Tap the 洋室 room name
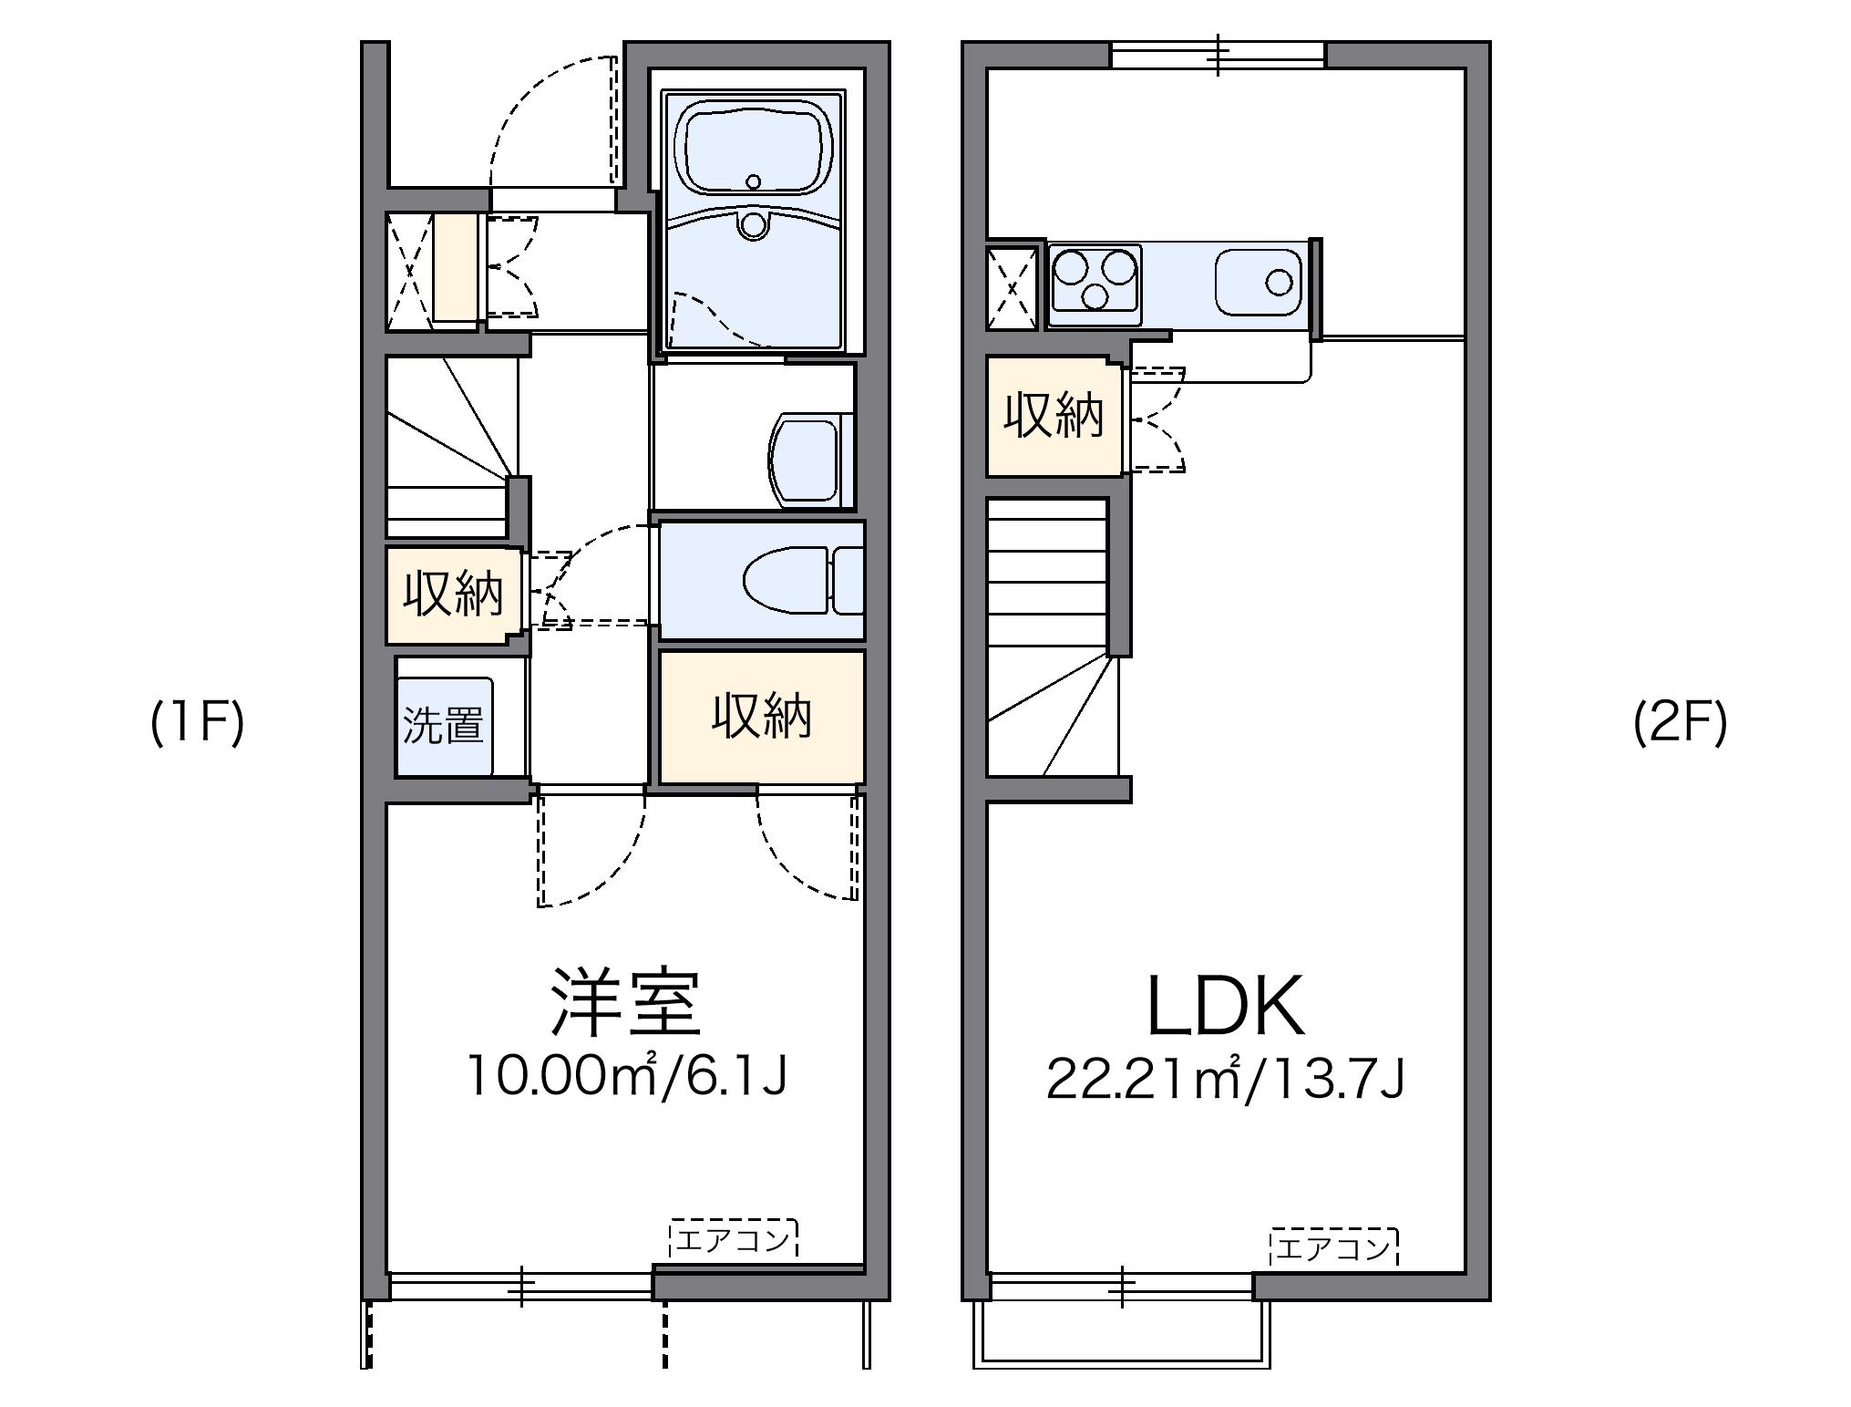pyautogui.click(x=626, y=1004)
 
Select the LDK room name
pyautogui.click(x=1224, y=1006)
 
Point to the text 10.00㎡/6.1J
pyautogui.click(x=626, y=1076)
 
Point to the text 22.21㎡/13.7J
pyautogui.click(x=1224, y=1078)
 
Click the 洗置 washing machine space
pyautogui.click(x=444, y=725)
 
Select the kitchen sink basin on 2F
pyautogui.click(x=1259, y=282)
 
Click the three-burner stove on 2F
pyautogui.click(x=1095, y=279)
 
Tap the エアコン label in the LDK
pyautogui.click(x=1333, y=1248)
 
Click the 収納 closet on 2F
pyautogui.click(x=1054, y=417)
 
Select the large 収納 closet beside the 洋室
pyautogui.click(x=761, y=717)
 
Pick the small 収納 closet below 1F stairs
pyautogui.click(x=453, y=595)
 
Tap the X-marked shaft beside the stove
pyautogui.click(x=1013, y=288)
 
